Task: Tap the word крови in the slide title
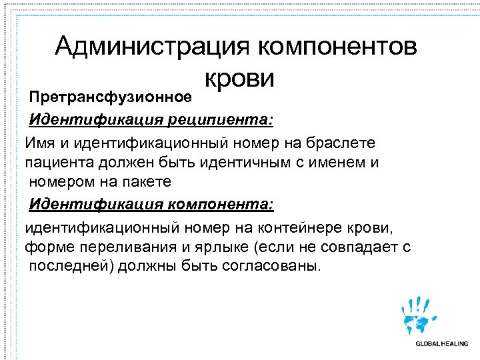(239, 79)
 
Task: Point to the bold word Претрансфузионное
(110, 97)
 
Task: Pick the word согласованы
(267, 266)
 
